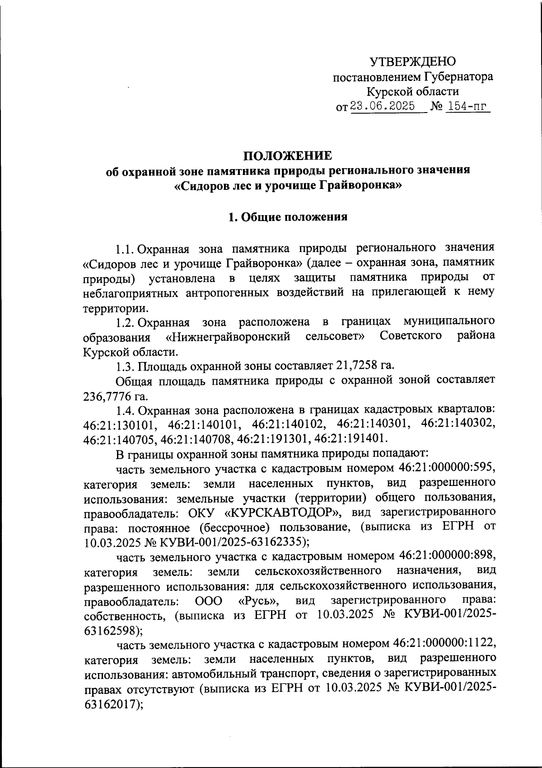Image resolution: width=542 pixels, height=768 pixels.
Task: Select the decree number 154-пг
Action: pos(467,107)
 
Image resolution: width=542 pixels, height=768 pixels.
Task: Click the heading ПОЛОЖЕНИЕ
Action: pos(288,156)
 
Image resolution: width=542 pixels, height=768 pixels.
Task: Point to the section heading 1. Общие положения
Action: pos(288,217)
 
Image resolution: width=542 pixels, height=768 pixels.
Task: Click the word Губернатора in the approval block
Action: pos(458,77)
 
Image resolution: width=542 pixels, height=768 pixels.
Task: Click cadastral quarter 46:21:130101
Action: pos(120,425)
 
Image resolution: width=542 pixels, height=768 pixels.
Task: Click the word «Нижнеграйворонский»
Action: pos(228,337)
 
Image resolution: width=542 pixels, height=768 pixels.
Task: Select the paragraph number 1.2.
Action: pos(125,322)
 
